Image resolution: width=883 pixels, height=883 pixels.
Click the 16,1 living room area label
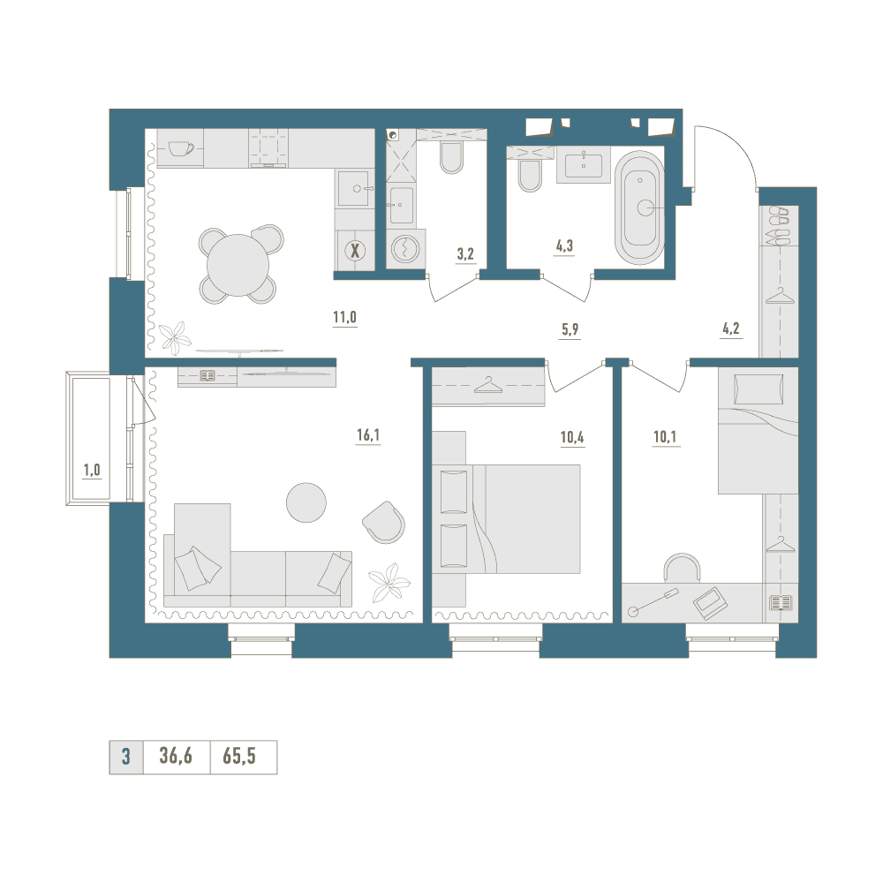[367, 434]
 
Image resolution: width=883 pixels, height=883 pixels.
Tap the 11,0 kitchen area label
[344, 318]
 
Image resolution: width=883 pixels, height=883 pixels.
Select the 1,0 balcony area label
[92, 471]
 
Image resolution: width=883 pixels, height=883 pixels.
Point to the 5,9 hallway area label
[570, 329]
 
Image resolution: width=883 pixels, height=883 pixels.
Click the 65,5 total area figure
[239, 757]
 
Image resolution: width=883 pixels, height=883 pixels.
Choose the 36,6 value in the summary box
[176, 757]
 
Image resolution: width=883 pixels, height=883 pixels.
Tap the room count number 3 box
[126, 757]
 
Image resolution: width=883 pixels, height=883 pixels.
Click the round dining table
[238, 265]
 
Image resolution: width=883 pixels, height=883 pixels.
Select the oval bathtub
[639, 208]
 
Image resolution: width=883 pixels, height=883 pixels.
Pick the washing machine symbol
[404, 248]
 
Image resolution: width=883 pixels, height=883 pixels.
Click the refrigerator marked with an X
[355, 250]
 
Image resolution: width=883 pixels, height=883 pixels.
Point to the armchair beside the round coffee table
[383, 522]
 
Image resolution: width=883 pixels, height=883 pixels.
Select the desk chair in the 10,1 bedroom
[682, 567]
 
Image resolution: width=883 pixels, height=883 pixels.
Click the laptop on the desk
[710, 603]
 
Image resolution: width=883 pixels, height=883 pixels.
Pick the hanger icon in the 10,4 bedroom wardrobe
[487, 385]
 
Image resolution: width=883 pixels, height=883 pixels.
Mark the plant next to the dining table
[175, 337]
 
